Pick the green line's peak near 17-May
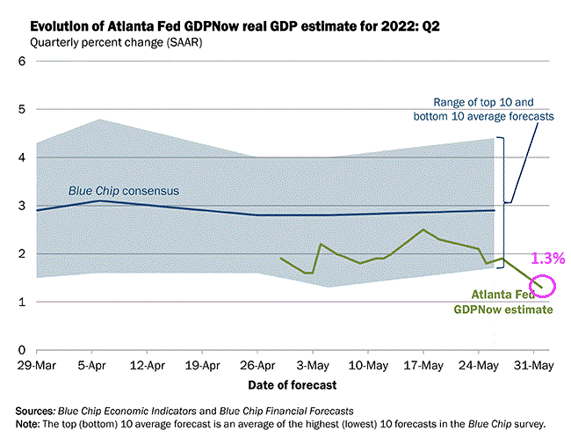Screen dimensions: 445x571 click(x=423, y=230)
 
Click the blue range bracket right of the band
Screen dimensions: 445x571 click(x=502, y=199)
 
